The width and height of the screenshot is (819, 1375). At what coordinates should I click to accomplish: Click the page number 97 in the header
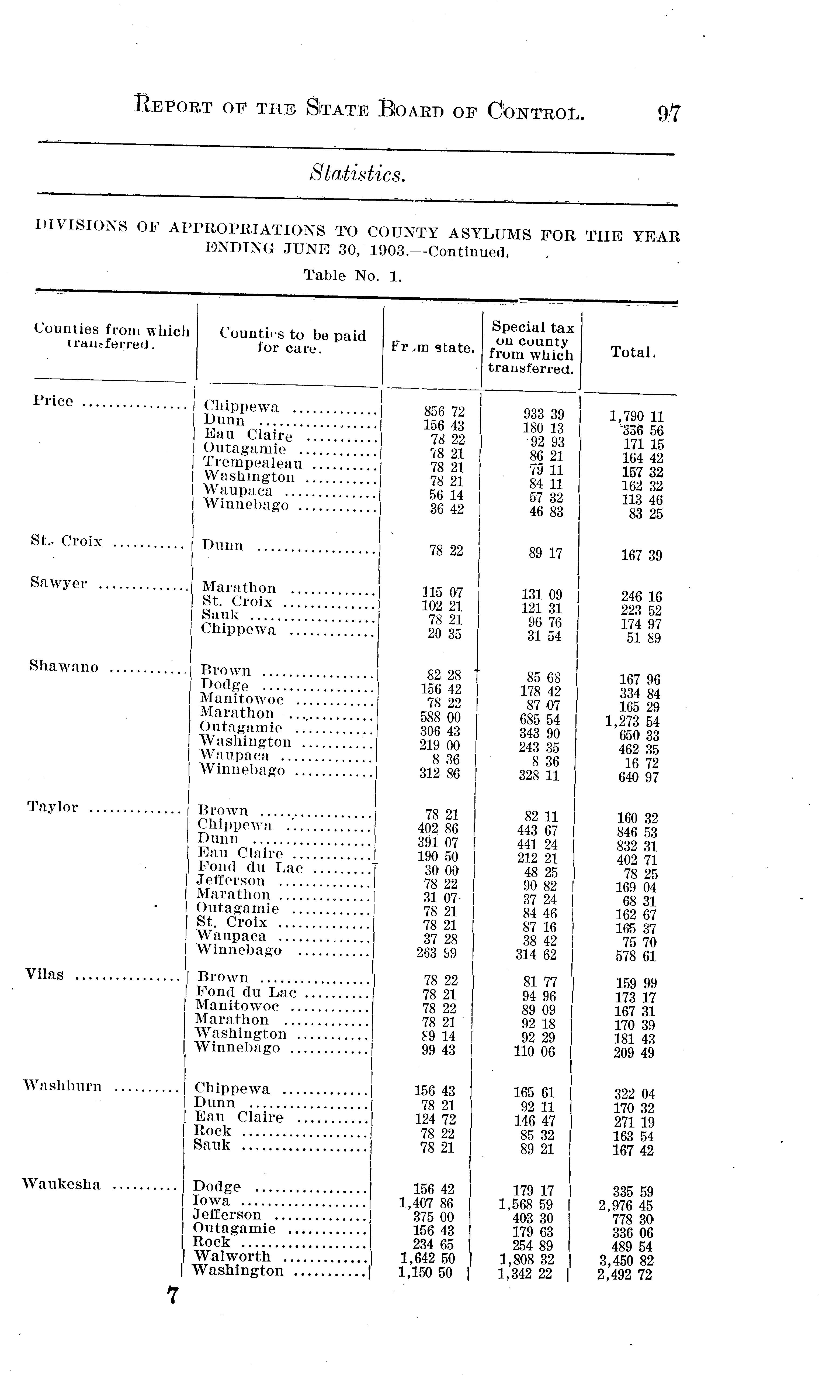(x=669, y=113)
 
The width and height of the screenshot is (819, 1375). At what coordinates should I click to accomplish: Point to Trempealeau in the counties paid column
(x=253, y=463)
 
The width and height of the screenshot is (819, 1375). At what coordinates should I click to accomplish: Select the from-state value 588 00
(x=440, y=717)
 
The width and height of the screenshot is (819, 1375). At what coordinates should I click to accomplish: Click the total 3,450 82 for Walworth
(x=625, y=1261)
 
